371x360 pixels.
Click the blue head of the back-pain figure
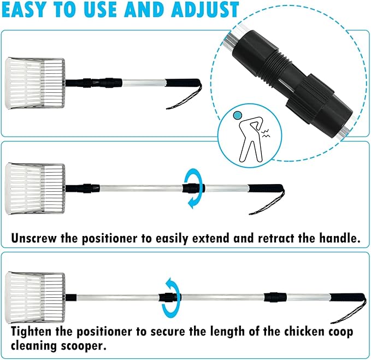(238, 115)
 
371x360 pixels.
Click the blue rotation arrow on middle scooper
(192, 188)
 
